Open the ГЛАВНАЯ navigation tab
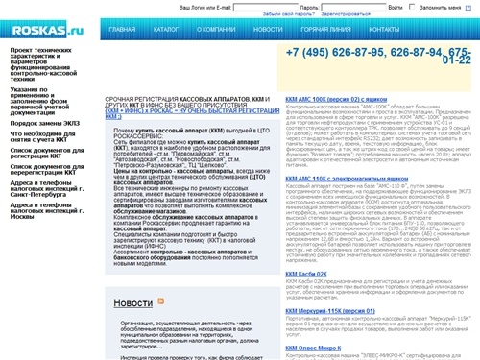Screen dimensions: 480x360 pos(123,31)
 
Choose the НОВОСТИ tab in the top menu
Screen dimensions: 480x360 pos(268,31)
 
